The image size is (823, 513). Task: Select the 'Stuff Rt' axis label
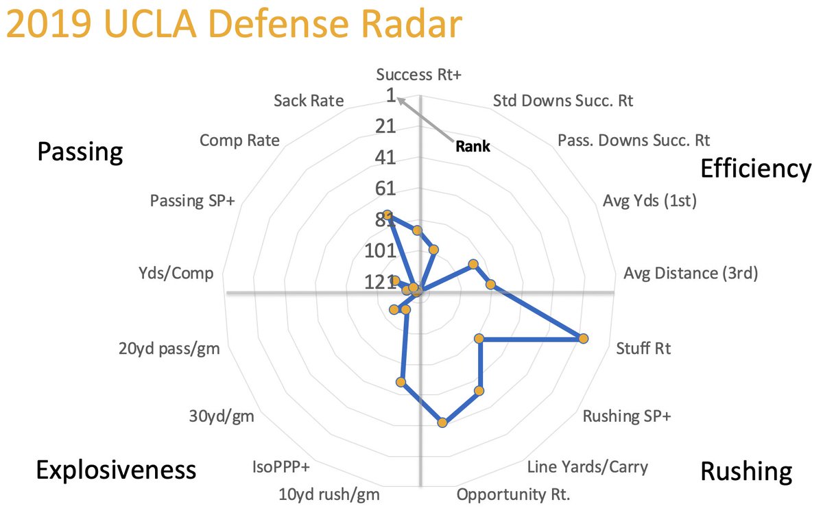pyautogui.click(x=643, y=348)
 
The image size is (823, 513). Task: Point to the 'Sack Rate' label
pyautogui.click(x=308, y=102)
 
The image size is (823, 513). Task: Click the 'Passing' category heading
pyautogui.click(x=80, y=152)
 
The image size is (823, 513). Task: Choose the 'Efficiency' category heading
pyautogui.click(x=755, y=169)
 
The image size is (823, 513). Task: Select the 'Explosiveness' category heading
pyautogui.click(x=116, y=470)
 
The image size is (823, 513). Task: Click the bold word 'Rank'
pyautogui.click(x=472, y=146)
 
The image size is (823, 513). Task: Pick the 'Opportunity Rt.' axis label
pyautogui.click(x=514, y=494)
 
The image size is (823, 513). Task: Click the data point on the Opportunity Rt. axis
pyautogui.click(x=442, y=423)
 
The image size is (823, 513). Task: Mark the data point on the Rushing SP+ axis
pyautogui.click(x=479, y=391)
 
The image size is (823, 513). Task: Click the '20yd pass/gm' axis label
pyautogui.click(x=169, y=348)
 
